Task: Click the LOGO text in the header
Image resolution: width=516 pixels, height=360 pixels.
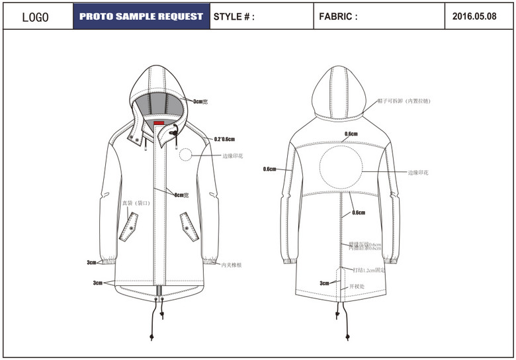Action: point(36,17)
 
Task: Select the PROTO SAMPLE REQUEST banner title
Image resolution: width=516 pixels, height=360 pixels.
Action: point(141,17)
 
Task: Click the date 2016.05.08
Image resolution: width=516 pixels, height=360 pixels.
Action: point(474,17)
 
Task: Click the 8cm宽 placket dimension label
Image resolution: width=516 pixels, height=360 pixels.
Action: point(182,195)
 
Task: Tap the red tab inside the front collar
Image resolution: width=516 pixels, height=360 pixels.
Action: point(159,123)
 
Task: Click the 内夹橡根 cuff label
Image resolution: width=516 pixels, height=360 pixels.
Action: point(232,265)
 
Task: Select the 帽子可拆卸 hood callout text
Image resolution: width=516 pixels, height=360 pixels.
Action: point(404,101)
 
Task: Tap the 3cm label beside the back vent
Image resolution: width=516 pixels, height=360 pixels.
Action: point(324,283)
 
